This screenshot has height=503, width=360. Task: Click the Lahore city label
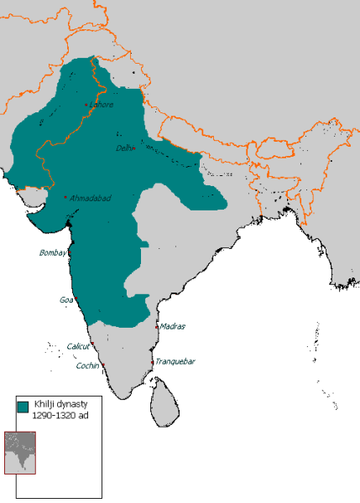[x=102, y=105]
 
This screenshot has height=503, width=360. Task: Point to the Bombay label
[x=53, y=252]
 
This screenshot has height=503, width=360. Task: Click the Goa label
[x=65, y=299]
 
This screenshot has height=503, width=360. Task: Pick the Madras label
[x=172, y=326]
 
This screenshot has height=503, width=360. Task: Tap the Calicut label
[x=80, y=345]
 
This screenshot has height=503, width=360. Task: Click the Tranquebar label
[x=175, y=362]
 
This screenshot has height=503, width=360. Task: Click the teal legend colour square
[x=23, y=406]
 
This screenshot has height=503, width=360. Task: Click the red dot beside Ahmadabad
[x=65, y=196]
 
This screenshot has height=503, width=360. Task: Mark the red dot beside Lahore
[x=86, y=105]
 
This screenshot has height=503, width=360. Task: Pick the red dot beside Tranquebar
[x=152, y=361]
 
